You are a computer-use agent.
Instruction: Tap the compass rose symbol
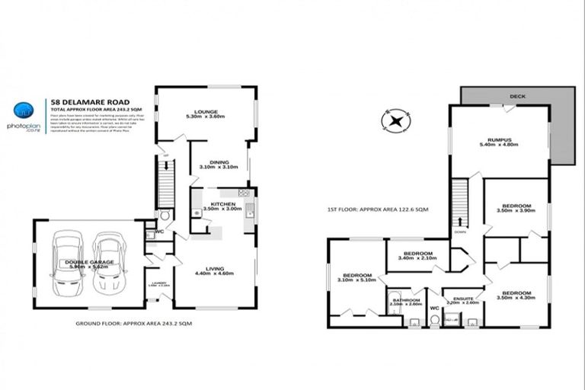(x=395, y=120)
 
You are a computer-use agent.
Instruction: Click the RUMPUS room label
(x=499, y=142)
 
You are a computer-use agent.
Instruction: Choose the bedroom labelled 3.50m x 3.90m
(x=515, y=209)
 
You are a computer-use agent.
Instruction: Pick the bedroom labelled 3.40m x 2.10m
(x=418, y=256)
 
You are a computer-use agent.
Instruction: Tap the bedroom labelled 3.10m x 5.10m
(x=356, y=278)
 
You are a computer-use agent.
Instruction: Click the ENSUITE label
(x=463, y=300)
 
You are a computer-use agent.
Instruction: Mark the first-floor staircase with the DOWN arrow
(x=459, y=201)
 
